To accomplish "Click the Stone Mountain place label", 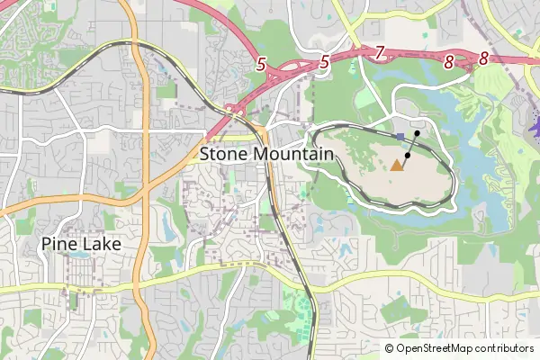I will tap(266, 154).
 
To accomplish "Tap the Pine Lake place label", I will tap(81, 244).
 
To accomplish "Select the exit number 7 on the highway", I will tap(380, 53).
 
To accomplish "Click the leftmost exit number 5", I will tap(261, 64).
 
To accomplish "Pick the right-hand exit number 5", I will tap(324, 63).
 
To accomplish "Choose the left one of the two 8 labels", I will tap(448, 61).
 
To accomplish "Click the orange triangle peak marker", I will tap(397, 165).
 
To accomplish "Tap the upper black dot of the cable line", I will tap(417, 133).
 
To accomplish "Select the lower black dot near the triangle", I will tap(408, 156).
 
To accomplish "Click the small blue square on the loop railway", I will tap(400, 136).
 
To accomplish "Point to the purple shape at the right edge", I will tap(535, 130).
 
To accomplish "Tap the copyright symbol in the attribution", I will tap(389, 348).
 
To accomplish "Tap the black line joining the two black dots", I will tap(412, 144).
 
